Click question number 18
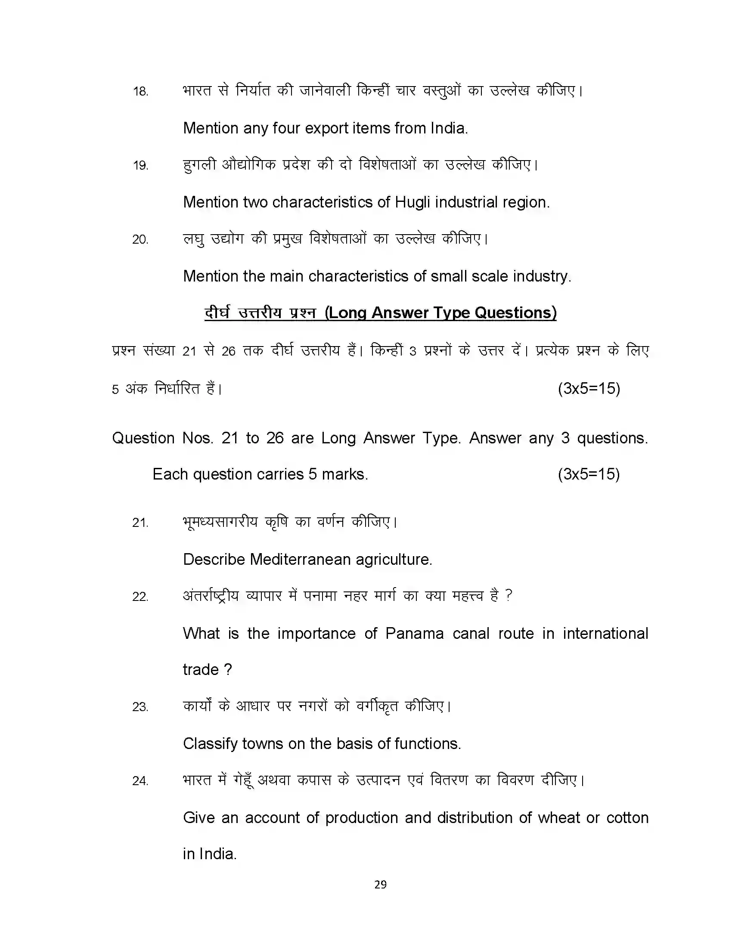(140, 92)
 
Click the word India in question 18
(448, 128)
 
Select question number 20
(140, 239)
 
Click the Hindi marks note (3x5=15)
(589, 388)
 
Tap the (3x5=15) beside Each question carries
(589, 474)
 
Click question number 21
(140, 523)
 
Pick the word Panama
(415, 634)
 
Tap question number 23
(140, 707)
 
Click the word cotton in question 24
(627, 818)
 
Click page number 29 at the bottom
(380, 885)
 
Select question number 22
(140, 597)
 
